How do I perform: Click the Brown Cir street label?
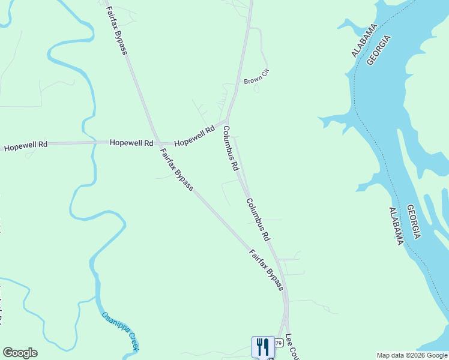(256, 76)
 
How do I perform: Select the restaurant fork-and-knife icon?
(263, 347)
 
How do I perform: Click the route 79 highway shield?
(279, 343)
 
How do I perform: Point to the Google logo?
(20, 353)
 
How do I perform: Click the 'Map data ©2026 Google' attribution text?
(412, 355)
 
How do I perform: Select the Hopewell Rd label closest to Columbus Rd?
(194, 136)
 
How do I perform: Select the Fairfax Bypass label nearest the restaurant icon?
(266, 270)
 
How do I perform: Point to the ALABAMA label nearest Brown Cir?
(364, 41)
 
